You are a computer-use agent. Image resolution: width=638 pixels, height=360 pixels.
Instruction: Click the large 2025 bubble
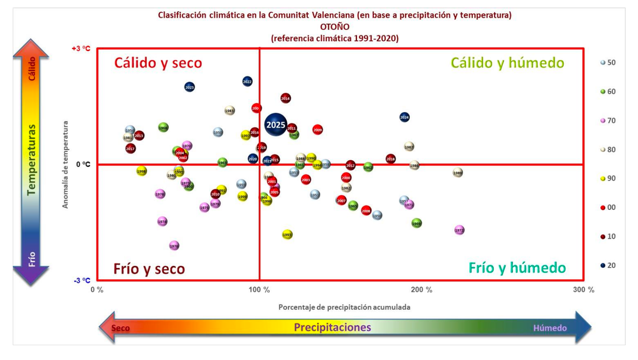(x=276, y=125)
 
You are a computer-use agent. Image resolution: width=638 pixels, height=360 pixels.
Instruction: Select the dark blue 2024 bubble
(x=404, y=117)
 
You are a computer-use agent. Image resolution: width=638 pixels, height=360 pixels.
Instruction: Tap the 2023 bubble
(x=189, y=87)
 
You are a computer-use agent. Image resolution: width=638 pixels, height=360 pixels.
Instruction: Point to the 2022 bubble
(x=247, y=82)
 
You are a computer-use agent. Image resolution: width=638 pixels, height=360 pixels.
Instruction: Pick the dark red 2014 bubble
(x=285, y=98)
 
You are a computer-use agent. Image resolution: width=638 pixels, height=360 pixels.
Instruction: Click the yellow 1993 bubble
(x=287, y=235)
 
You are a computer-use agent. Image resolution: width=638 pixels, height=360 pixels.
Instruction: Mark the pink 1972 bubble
(x=459, y=230)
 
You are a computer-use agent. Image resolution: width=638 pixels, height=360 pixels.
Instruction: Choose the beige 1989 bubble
(x=458, y=173)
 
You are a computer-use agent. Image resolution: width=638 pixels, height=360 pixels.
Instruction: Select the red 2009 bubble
(x=318, y=130)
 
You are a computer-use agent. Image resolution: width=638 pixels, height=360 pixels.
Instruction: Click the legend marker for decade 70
(x=602, y=120)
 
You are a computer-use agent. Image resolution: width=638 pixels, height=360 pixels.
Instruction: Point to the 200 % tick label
(x=421, y=290)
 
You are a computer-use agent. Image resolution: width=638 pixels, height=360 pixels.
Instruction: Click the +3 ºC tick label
(x=81, y=49)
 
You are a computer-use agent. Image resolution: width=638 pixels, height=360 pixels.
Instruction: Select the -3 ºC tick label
(x=82, y=281)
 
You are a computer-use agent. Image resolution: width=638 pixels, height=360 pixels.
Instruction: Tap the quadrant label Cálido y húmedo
(x=507, y=63)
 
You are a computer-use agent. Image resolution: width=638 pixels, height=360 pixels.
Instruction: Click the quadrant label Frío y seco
(x=149, y=268)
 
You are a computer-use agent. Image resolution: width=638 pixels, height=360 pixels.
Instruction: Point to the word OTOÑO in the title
(x=335, y=27)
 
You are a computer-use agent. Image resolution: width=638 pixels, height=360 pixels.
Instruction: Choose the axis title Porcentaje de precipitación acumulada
(x=344, y=306)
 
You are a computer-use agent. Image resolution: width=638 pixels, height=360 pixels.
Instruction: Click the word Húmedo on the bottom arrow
(x=550, y=328)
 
